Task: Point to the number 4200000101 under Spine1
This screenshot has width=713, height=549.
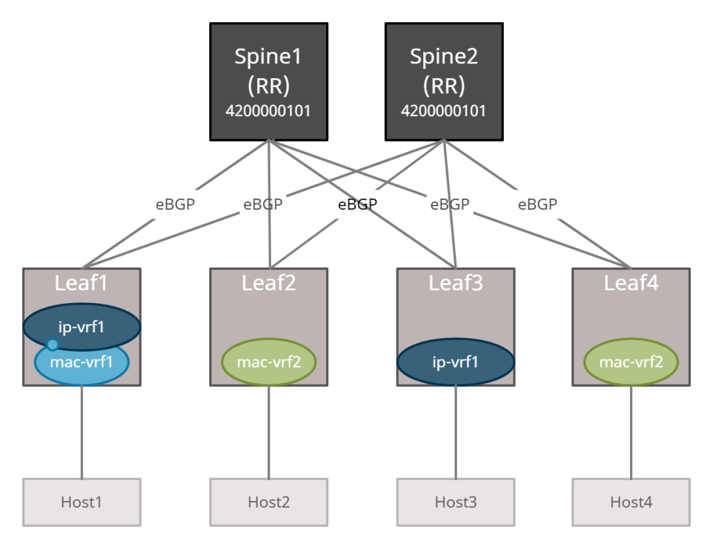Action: coord(269,110)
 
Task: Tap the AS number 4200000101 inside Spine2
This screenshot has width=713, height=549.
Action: coord(444,110)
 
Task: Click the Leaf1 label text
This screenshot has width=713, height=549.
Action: coord(82,283)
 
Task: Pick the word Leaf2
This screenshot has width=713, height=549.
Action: coord(269,283)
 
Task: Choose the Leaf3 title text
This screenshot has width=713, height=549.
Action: coord(456,283)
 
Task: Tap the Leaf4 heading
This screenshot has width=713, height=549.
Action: coord(631,283)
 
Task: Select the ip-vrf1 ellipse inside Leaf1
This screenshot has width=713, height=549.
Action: coord(82,325)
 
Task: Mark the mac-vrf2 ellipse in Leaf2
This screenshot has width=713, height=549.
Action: coord(269,362)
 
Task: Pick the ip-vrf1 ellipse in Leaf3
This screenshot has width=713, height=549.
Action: coord(456,362)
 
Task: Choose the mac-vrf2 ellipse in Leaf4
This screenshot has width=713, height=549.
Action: coord(631,362)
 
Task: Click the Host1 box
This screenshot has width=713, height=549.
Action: coord(82,502)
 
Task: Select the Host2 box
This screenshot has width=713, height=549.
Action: coord(269,502)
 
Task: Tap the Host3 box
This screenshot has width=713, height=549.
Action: coord(456,502)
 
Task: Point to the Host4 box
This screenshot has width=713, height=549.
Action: coord(631,502)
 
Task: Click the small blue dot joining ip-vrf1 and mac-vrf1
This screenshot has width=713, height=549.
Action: coord(52,344)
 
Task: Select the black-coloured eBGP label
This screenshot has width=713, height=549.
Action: coord(357,205)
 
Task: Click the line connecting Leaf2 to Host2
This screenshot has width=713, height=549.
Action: coord(269,432)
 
